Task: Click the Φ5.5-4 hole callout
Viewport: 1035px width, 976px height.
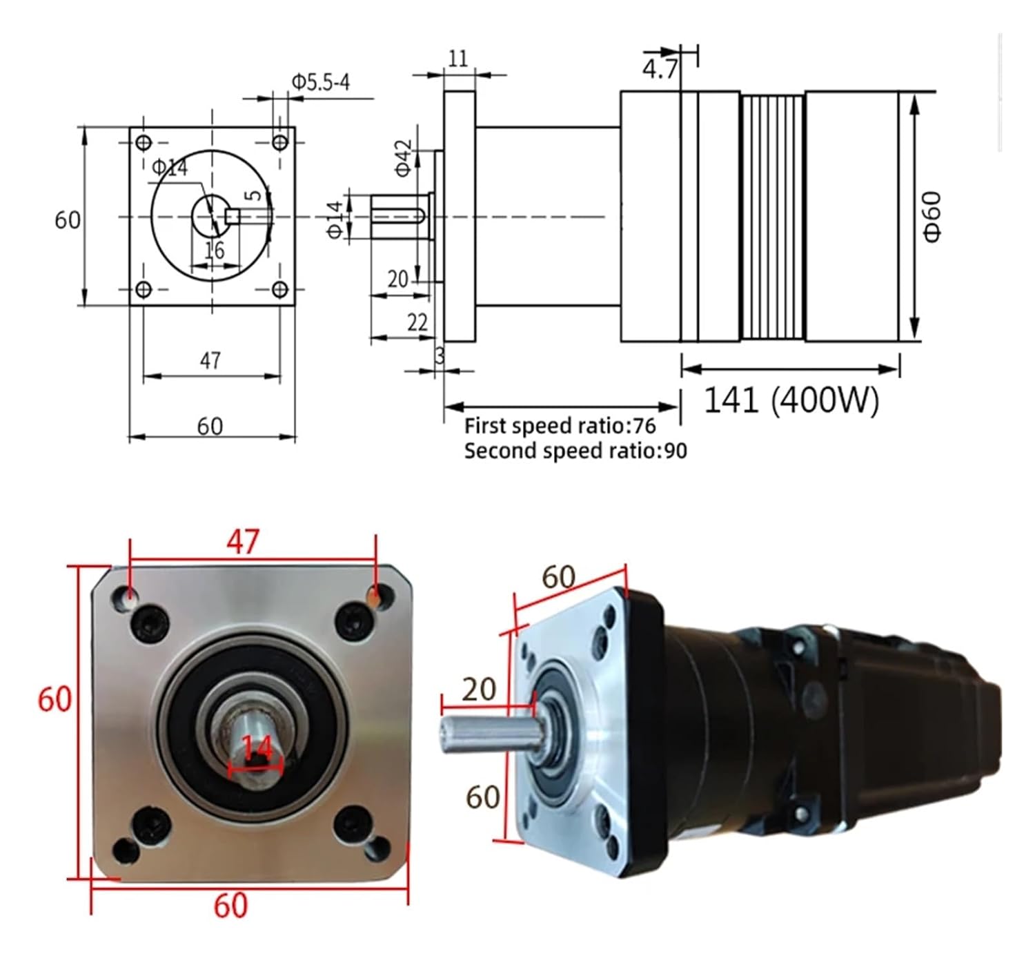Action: (x=320, y=82)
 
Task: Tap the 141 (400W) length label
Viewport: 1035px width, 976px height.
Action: (x=791, y=400)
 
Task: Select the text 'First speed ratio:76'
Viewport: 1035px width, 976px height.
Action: (x=560, y=426)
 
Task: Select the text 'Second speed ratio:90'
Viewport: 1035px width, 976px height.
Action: (x=575, y=451)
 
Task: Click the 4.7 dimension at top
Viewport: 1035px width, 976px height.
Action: (x=660, y=69)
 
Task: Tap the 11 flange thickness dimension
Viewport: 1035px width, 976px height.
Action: (x=458, y=58)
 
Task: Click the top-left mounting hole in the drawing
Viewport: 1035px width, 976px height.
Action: (x=144, y=143)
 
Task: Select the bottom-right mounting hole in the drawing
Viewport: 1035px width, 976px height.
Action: (x=279, y=289)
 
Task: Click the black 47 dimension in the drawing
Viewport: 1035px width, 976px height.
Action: (x=210, y=360)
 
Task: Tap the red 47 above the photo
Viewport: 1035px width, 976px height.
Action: (x=243, y=542)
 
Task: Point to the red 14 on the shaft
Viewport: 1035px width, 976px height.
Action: (x=257, y=747)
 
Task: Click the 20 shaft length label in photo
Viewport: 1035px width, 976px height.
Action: (x=479, y=689)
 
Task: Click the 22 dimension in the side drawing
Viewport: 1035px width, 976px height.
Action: (x=417, y=322)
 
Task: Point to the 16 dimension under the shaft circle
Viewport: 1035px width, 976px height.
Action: (x=214, y=250)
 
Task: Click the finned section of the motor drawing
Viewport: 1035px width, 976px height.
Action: (x=772, y=217)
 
